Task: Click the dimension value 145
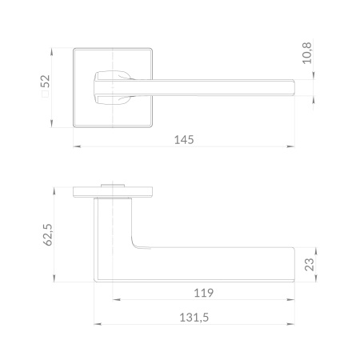click(184, 140)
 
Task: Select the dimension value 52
click(46, 81)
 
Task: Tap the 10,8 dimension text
click(307, 53)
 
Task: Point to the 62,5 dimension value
click(48, 234)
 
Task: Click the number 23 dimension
click(310, 265)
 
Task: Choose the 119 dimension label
click(204, 293)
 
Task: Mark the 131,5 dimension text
click(194, 318)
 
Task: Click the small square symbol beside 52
click(45, 94)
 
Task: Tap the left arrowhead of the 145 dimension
click(77, 146)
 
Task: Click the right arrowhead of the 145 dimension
click(290, 146)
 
